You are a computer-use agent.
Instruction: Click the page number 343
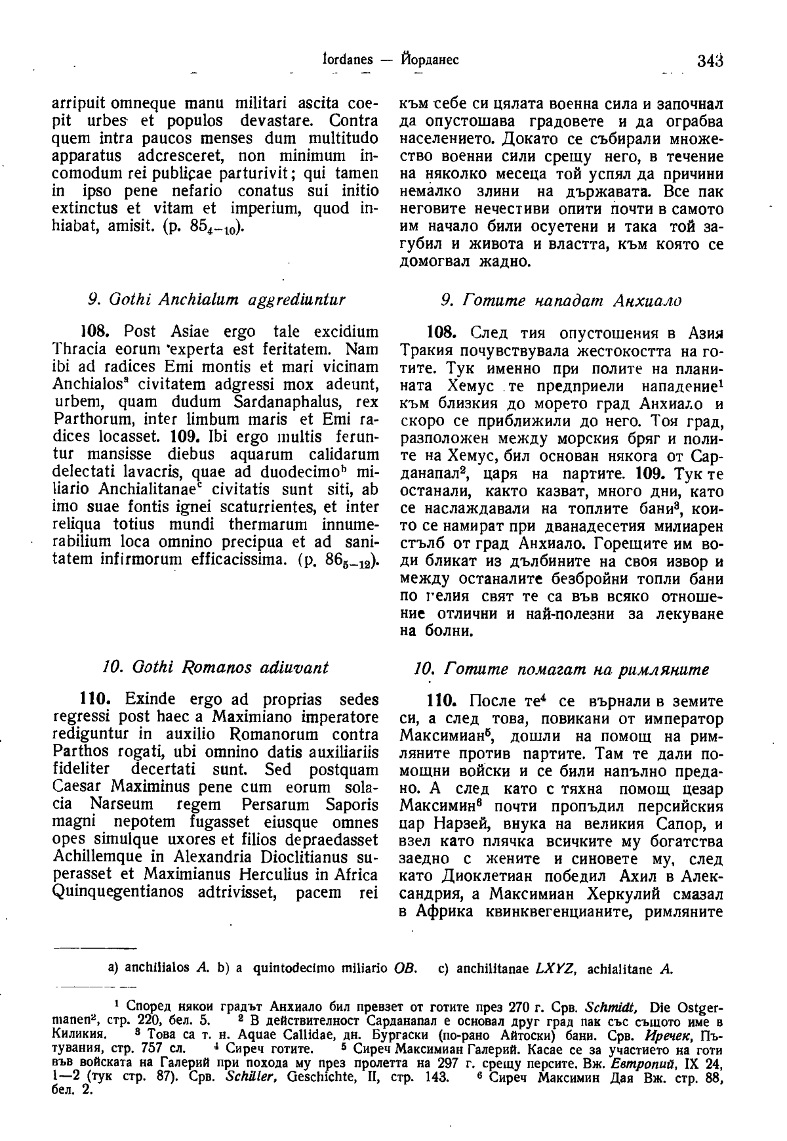pyautogui.click(x=710, y=60)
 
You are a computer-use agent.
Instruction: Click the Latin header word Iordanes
pyautogui.click(x=346, y=60)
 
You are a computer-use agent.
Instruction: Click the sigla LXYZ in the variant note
pyautogui.click(x=555, y=968)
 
